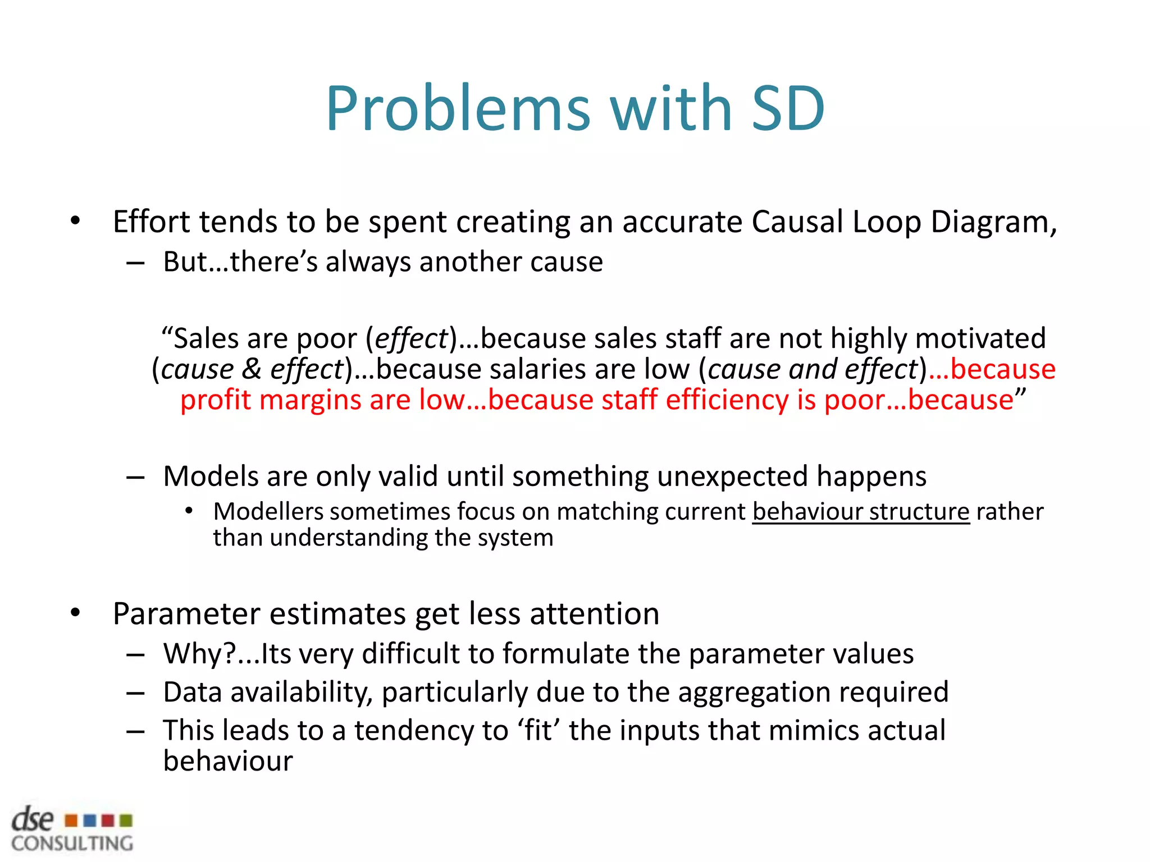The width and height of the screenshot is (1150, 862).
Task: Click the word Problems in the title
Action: (x=458, y=108)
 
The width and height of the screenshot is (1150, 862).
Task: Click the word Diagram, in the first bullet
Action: (x=993, y=222)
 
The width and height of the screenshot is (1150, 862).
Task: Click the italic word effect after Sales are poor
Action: (x=411, y=338)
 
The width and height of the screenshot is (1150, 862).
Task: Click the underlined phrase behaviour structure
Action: (x=861, y=511)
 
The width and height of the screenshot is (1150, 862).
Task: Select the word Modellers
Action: (x=268, y=511)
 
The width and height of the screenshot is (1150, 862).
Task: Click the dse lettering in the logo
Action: (x=33, y=820)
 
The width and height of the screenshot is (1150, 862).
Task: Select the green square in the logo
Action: (x=126, y=821)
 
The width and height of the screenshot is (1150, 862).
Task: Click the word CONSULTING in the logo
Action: (x=72, y=843)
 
